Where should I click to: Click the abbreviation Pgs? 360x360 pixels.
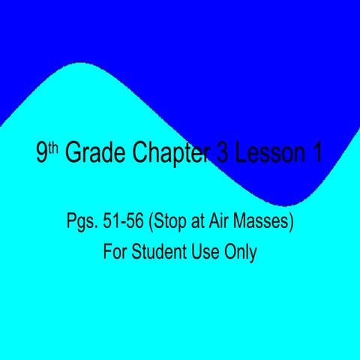coord(80,223)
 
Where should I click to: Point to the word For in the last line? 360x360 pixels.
coord(115,251)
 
